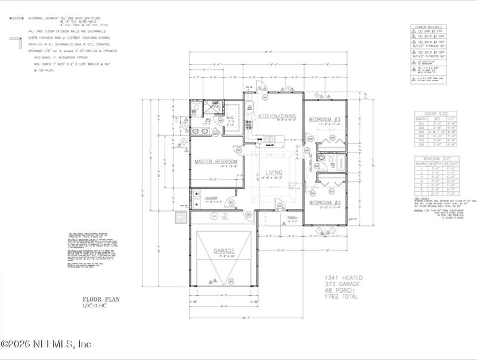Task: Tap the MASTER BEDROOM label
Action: [216, 162]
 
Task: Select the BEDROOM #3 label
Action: [324, 120]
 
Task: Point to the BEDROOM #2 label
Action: [324, 203]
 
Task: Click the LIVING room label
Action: [274, 172]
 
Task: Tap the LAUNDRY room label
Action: [212, 198]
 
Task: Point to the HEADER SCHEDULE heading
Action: [429, 27]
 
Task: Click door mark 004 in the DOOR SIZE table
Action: [420, 135]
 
